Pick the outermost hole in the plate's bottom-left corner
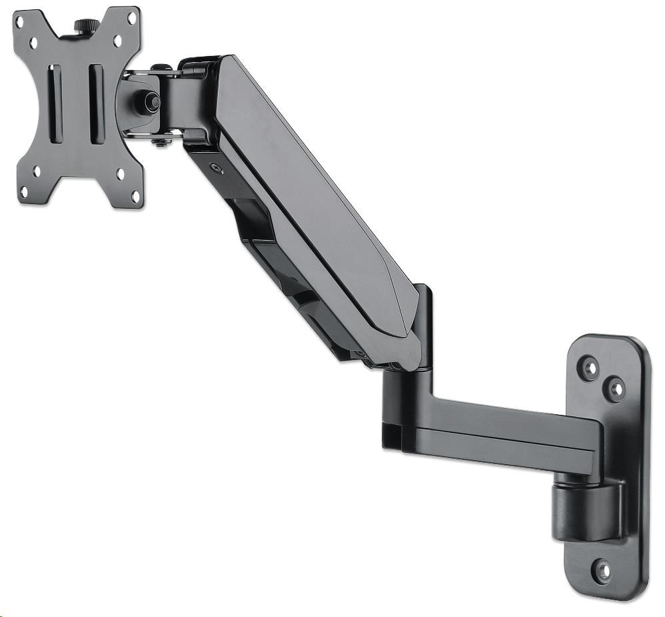click(23, 193)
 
